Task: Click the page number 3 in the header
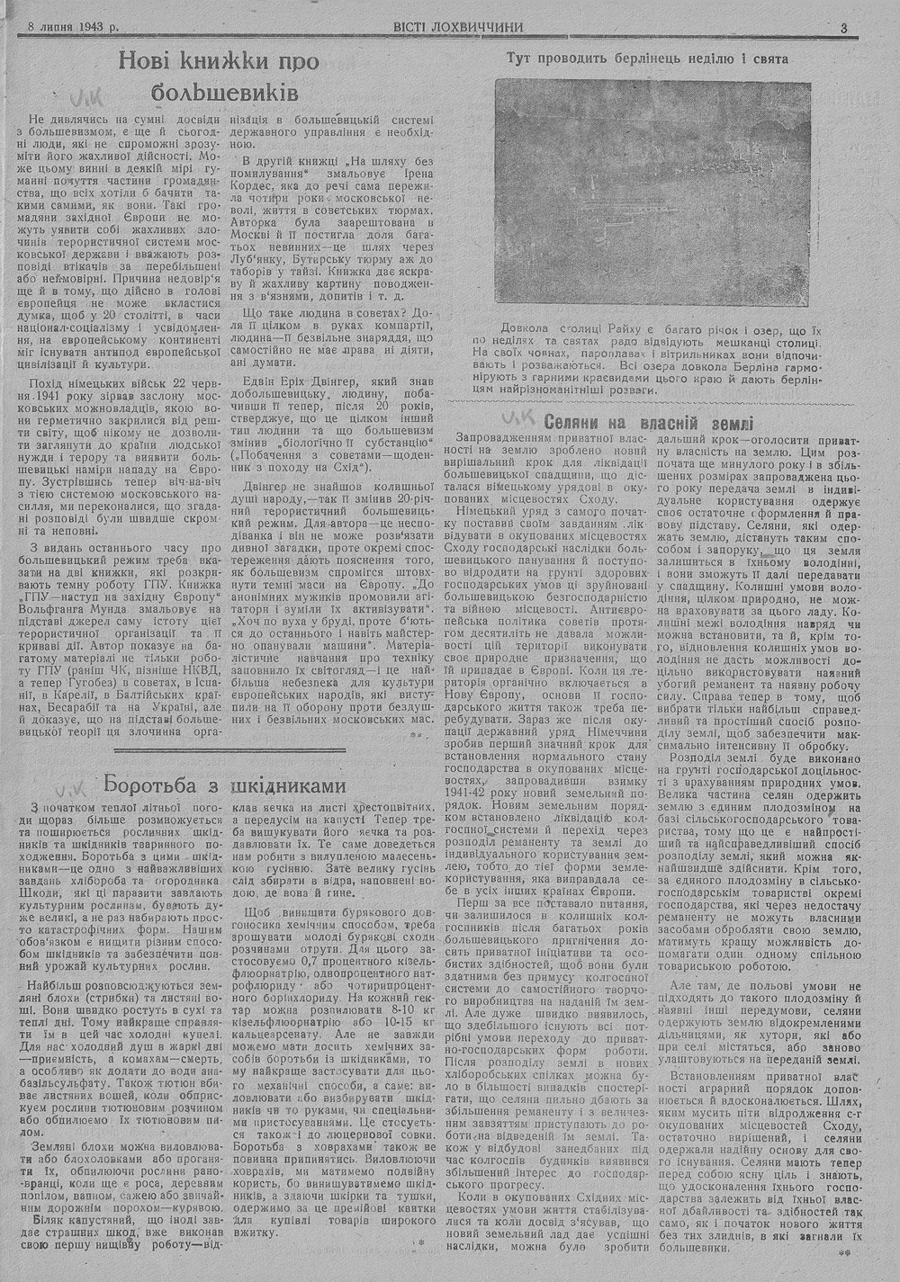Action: click(843, 27)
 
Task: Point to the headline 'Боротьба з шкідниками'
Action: click(225, 784)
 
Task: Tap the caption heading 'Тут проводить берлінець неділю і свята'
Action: click(647, 58)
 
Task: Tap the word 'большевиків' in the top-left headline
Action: click(221, 92)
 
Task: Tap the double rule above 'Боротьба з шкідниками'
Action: click(229, 750)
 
